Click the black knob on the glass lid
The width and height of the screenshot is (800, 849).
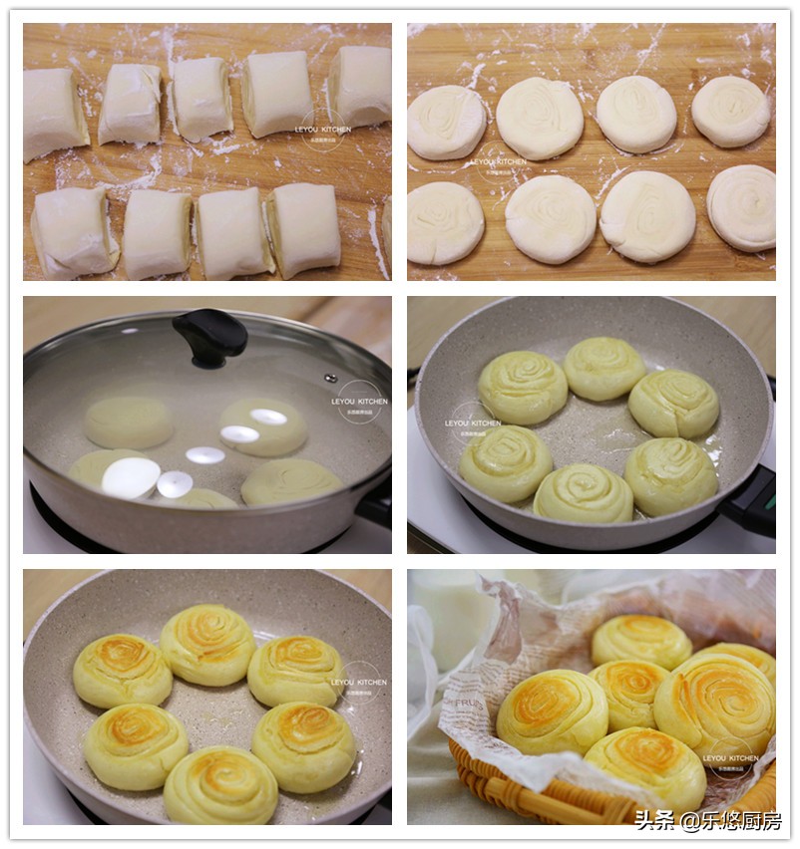tap(209, 336)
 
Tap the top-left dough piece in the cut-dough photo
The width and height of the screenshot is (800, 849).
tap(54, 112)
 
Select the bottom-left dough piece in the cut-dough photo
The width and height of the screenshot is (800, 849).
tap(73, 232)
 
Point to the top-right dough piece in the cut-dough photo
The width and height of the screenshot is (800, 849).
tap(361, 86)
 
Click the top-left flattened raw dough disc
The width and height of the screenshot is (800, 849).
tap(446, 123)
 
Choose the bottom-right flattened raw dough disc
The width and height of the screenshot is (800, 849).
tap(741, 207)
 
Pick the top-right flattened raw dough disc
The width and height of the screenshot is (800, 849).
tap(731, 112)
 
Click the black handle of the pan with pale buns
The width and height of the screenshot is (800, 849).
tap(752, 501)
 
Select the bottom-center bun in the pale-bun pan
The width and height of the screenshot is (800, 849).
tap(584, 493)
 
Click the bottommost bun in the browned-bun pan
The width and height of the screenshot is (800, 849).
tap(220, 785)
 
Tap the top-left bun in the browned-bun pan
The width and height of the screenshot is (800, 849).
tap(123, 670)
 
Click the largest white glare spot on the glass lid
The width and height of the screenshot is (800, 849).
tap(131, 477)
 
